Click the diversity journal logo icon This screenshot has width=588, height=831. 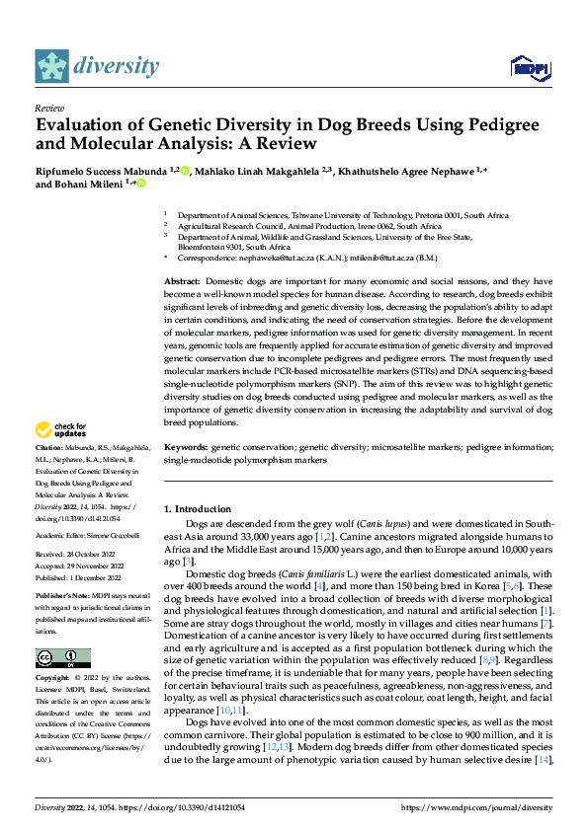(51, 66)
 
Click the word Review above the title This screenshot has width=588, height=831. (48, 108)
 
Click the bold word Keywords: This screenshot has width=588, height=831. (187, 447)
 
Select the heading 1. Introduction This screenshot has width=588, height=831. (197, 509)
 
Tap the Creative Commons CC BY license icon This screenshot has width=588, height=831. (63, 658)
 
